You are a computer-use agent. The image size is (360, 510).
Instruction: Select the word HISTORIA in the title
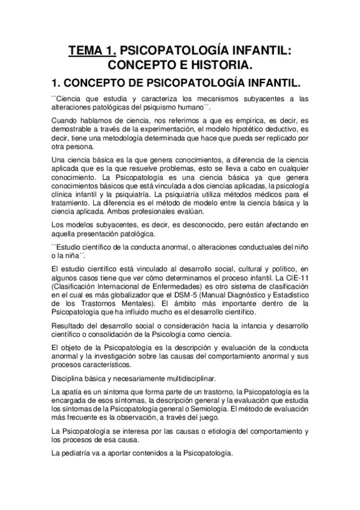pos(223,64)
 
